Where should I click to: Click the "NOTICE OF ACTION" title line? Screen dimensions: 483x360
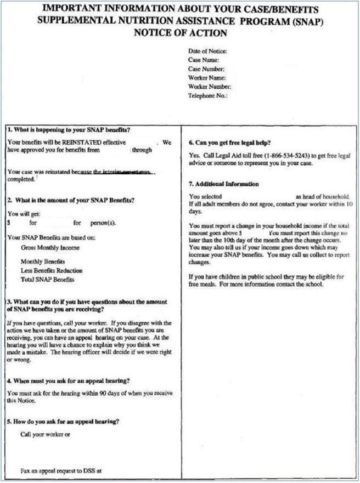(180, 33)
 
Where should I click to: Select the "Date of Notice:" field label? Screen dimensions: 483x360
(207, 52)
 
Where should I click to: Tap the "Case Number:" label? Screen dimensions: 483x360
(206, 69)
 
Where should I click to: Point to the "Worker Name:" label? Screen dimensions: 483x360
(207, 78)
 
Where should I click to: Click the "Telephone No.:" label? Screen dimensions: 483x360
(207, 95)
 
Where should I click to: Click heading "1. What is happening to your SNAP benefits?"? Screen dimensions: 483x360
(69, 130)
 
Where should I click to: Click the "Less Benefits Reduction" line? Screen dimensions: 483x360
(52, 271)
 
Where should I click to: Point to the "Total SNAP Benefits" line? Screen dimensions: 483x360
(47, 280)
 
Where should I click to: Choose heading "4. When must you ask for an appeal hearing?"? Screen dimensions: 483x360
(69, 380)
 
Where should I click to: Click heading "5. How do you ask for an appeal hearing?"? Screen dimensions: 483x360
(64, 422)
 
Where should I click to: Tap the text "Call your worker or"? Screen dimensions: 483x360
(46, 435)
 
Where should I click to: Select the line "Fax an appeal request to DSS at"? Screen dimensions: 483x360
(61, 470)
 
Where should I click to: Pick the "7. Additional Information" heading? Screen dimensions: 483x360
(223, 184)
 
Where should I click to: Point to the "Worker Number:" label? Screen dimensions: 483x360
(210, 87)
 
